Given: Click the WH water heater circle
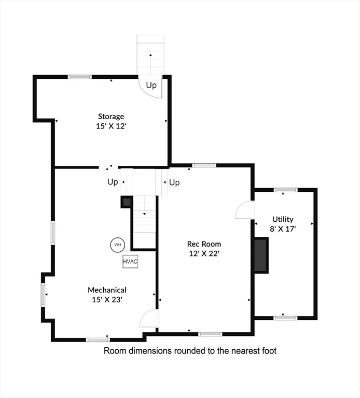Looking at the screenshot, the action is [x=118, y=245].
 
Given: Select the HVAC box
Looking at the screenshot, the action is [x=130, y=262].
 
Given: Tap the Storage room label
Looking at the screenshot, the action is [x=111, y=117].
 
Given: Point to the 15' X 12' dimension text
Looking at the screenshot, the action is [x=111, y=126].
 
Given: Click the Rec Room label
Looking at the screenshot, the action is [x=204, y=244].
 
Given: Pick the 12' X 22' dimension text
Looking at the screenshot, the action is [x=204, y=253].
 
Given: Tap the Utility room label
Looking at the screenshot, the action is [x=283, y=219].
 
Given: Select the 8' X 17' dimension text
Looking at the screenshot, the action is [x=283, y=229].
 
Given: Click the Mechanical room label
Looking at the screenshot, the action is [x=107, y=290].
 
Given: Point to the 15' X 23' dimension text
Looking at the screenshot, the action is [x=107, y=300].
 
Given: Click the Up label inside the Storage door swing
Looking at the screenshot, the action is [x=151, y=86].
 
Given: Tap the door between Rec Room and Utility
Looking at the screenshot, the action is [x=245, y=210].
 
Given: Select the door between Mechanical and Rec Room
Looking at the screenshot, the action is [x=149, y=318].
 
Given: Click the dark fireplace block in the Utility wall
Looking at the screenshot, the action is [x=261, y=255].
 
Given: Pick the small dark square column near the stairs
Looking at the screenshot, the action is [x=127, y=202].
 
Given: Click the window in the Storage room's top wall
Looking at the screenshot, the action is [x=79, y=77].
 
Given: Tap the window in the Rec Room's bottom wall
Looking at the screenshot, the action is [x=210, y=334].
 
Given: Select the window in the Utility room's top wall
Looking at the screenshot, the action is [x=285, y=190].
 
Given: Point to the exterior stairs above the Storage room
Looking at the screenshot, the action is [x=150, y=55].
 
